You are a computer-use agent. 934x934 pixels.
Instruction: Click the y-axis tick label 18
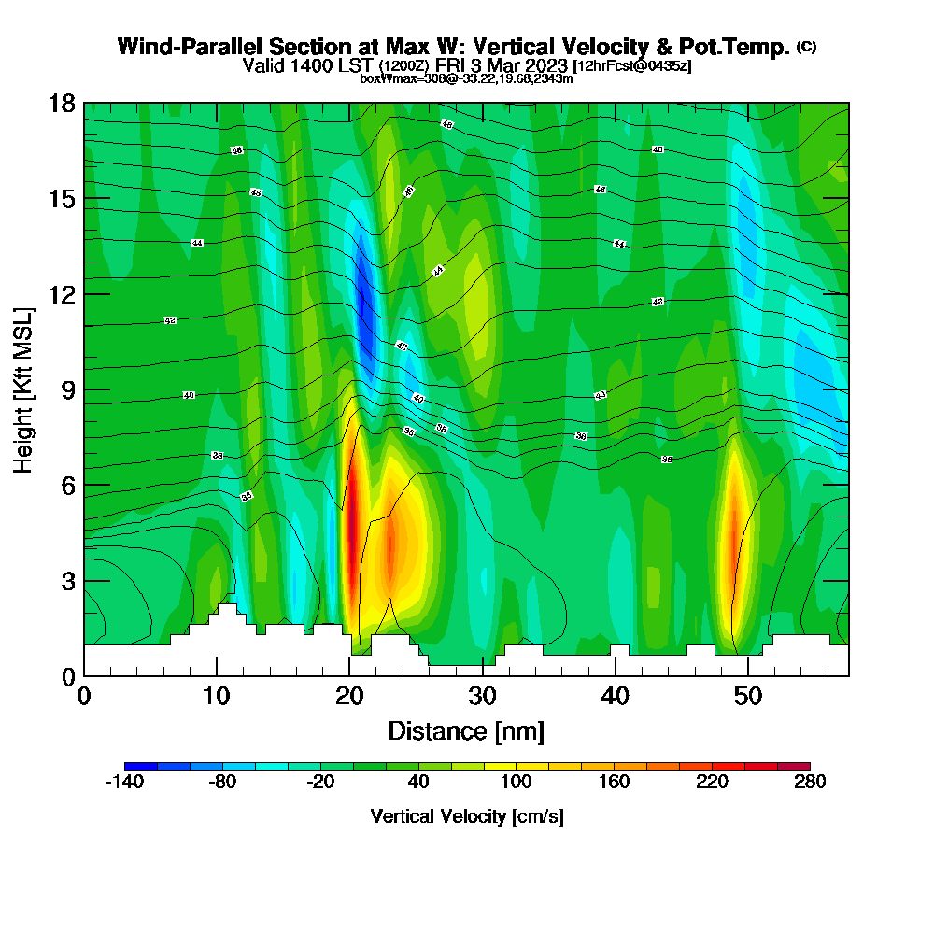pos(63,103)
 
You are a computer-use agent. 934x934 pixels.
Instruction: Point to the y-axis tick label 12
pos(63,294)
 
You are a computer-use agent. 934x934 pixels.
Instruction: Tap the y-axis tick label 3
pos(68,581)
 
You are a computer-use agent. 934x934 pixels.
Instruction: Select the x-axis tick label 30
pos(482,697)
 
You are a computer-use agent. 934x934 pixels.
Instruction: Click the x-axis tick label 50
pos(747,697)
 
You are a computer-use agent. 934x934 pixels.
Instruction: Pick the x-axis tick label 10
pos(217,697)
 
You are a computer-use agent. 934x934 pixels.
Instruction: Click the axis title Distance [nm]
pos(466,730)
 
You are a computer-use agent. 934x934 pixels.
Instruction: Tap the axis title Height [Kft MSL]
pos(23,389)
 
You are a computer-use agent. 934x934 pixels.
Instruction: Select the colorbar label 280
pos(810,783)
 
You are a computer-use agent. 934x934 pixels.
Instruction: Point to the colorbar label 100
pos(516,783)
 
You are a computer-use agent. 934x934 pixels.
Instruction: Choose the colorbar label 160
pos(614,783)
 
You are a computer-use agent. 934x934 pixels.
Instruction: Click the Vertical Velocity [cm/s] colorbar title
pos(467,816)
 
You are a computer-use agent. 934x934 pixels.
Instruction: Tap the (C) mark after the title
pos(806,47)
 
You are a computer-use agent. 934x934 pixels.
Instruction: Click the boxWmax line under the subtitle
pos(466,78)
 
